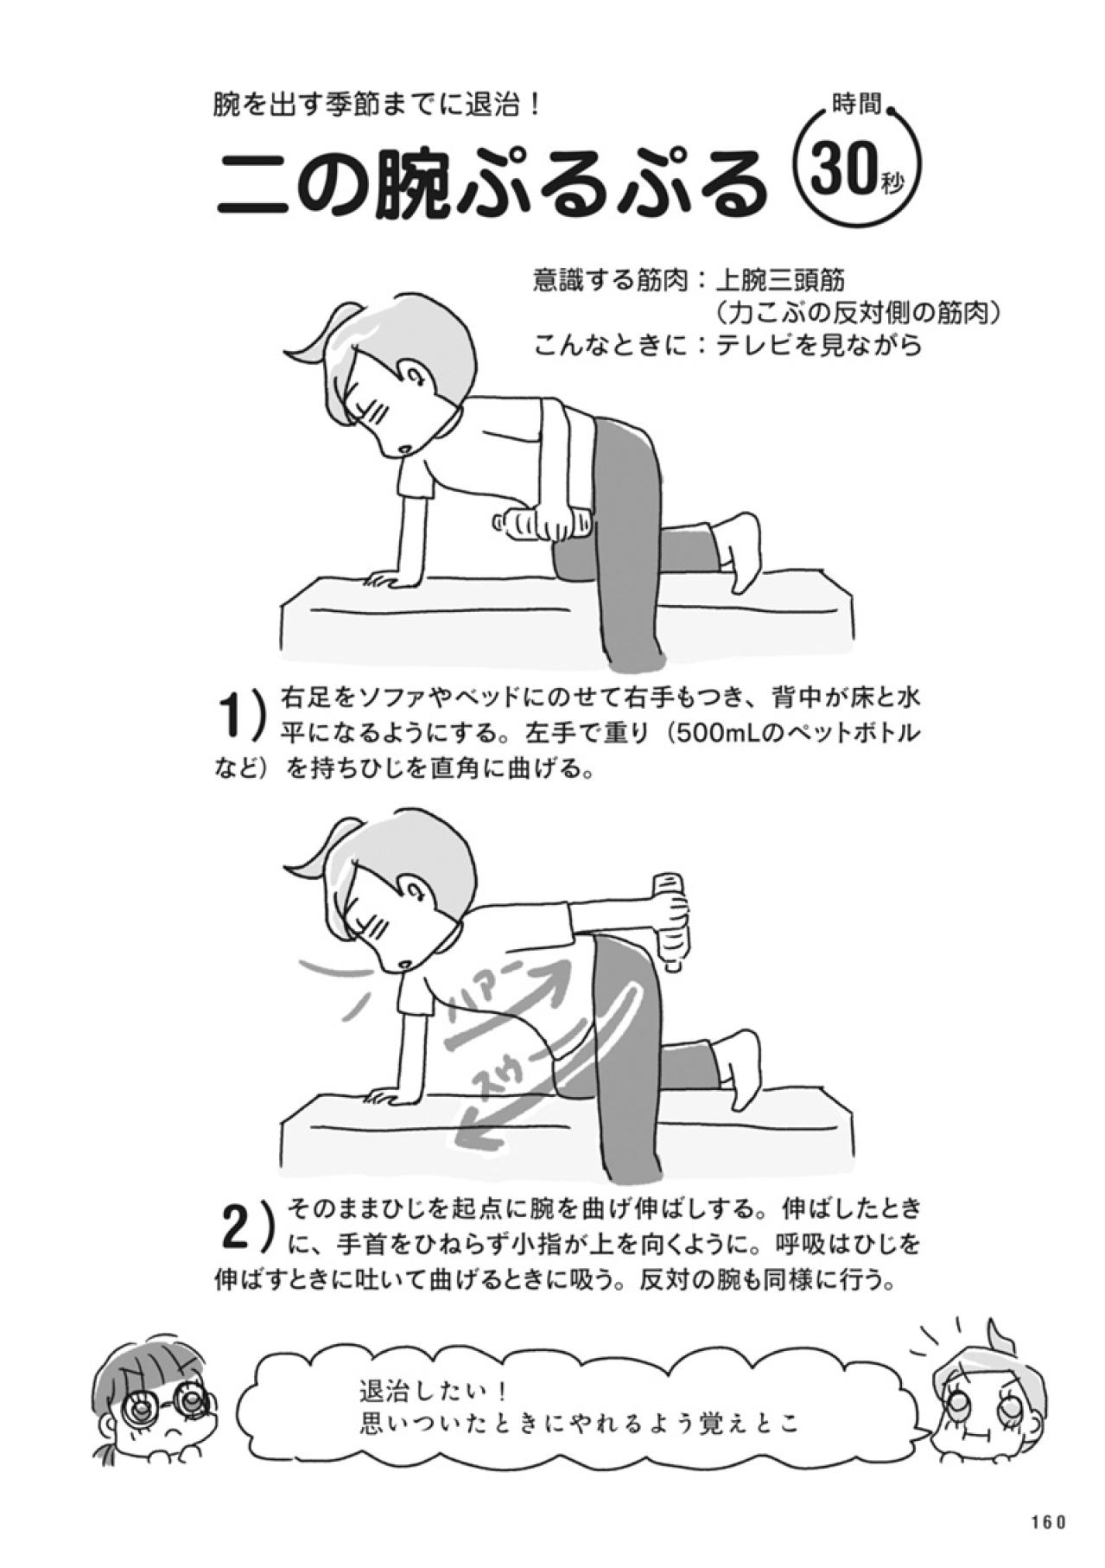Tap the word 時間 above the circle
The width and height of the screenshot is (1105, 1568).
pyautogui.click(x=856, y=106)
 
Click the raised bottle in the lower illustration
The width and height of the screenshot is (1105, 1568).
pyautogui.click(x=670, y=915)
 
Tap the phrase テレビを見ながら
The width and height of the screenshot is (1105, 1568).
pyautogui.click(x=819, y=345)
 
